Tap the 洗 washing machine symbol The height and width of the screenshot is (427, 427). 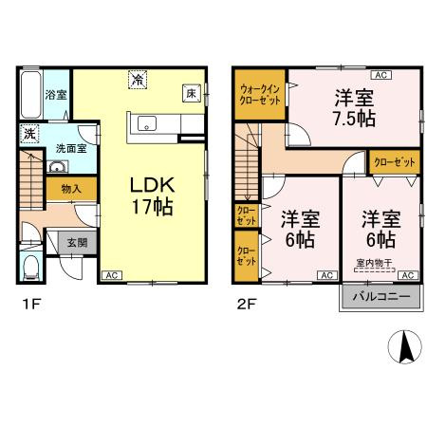pos(28,133)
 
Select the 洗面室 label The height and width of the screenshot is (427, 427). pos(67,148)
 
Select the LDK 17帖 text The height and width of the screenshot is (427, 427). pos(144,194)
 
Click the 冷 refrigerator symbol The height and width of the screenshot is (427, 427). pos(139,82)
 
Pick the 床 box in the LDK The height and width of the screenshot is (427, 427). pos(191,94)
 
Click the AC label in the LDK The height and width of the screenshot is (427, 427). pos(110,274)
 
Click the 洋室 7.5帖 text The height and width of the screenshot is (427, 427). pos(351,108)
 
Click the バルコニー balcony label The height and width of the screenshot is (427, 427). pos(381,296)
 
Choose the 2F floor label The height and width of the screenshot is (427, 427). pos(245,304)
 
